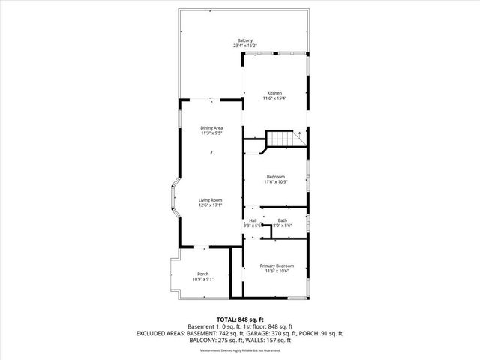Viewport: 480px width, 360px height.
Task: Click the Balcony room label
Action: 244,40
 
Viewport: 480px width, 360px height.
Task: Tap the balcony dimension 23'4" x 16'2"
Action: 244,46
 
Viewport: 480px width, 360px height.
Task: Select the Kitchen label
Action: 274,93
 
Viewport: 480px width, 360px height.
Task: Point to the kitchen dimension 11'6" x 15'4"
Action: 274,98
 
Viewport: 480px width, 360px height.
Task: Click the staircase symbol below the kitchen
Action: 283,139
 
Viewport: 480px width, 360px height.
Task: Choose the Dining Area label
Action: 211,128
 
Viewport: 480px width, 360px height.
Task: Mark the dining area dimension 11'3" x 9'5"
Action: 211,133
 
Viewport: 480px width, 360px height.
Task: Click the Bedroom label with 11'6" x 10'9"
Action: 275,177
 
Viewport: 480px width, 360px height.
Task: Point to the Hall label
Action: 253,220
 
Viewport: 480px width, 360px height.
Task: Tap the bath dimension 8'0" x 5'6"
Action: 282,225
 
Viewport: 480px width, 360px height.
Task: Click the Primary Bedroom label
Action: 277,265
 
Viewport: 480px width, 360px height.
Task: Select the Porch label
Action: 202,274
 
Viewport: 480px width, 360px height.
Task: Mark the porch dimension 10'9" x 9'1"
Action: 202,279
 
